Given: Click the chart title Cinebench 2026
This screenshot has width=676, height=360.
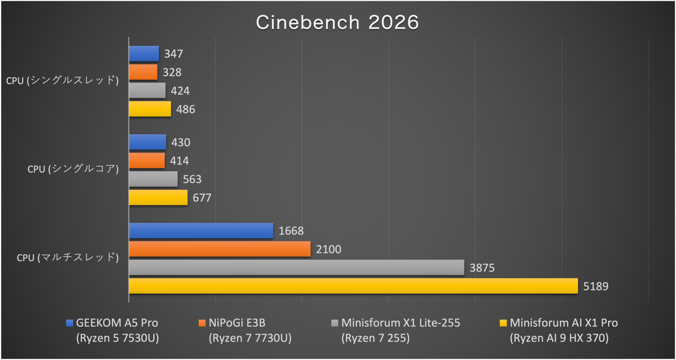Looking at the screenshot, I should click(x=337, y=22).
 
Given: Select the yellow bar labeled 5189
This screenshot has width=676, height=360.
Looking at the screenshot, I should click(x=353, y=286).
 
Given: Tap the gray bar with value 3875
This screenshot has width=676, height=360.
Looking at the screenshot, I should click(x=296, y=268).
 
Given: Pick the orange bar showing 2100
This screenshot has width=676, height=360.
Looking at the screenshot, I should click(x=220, y=249).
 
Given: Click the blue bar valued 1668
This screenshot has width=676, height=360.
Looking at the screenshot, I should click(x=201, y=230).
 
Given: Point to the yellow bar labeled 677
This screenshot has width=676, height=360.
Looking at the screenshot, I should click(x=158, y=197).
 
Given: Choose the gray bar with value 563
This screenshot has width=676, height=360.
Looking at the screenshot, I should click(x=153, y=179).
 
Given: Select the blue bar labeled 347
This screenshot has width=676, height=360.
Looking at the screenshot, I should click(x=144, y=54).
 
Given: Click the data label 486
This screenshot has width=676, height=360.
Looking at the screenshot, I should click(x=185, y=109).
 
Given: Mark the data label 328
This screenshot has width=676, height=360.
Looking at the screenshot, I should click(x=172, y=73).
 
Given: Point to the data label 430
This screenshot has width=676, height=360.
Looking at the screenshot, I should click(x=180, y=143).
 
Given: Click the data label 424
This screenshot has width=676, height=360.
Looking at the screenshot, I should click(x=180, y=91).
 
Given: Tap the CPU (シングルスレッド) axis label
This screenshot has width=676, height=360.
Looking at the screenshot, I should click(x=63, y=81).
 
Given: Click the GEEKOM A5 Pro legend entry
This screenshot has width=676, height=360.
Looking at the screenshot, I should click(x=117, y=323).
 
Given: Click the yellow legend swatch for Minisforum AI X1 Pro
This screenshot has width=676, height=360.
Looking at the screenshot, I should click(x=503, y=323).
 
